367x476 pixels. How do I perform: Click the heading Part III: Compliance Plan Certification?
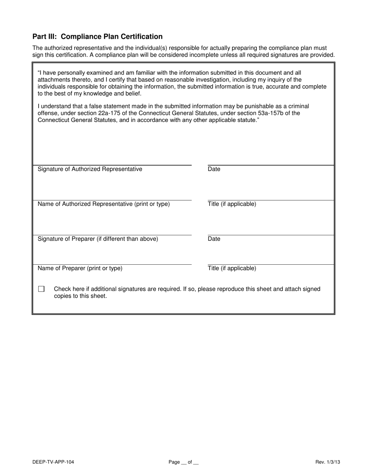tap(97, 37)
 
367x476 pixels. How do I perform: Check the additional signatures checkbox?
tap(41, 289)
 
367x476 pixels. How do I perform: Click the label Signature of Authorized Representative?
tap(90, 169)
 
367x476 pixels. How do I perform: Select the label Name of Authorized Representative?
tap(104, 204)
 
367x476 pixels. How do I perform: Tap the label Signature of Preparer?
tap(98, 239)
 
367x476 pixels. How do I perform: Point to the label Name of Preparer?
tap(80, 268)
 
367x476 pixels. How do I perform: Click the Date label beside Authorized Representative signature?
tap(214, 169)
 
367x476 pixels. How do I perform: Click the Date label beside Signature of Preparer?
tap(214, 239)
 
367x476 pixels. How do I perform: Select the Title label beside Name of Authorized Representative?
tap(232, 204)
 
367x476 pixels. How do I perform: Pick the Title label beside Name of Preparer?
tap(232, 268)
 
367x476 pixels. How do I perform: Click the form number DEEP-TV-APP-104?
tap(54, 462)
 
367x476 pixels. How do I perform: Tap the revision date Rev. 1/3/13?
tap(328, 462)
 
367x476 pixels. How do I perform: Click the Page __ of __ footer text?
tap(183, 462)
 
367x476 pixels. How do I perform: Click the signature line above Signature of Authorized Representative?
tap(112, 165)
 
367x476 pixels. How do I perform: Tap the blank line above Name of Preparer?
tap(112, 264)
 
